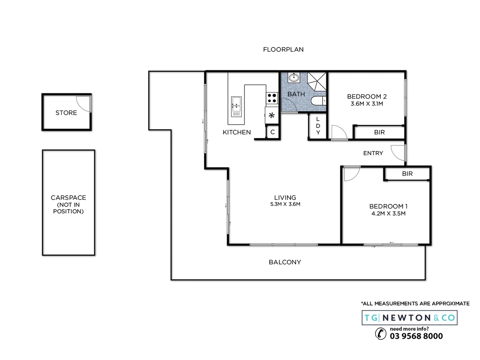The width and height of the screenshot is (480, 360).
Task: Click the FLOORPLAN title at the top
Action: pos(283,49)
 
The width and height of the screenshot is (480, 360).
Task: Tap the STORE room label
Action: pos(66,113)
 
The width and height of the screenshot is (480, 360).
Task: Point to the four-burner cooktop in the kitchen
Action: pos(272,98)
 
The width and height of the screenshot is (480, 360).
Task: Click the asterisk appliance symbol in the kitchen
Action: pos(272,115)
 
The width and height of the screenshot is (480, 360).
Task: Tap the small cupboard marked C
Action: pos(272,132)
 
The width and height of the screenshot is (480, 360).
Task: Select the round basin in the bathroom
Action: pos(293,78)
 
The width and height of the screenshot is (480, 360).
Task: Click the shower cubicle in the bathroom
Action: pos(316,81)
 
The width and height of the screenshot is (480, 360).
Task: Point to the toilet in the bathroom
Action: pos(318,101)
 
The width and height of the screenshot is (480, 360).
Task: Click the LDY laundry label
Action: pos(318,126)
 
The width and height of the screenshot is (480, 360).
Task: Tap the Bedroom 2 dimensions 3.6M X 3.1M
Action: pos(367,104)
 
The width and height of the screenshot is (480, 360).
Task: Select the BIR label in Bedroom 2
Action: pos(379,132)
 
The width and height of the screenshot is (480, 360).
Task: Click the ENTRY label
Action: pos(373,153)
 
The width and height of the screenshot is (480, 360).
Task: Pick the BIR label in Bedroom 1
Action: pos(407,174)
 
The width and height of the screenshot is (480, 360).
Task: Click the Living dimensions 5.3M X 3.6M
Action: pos(285,204)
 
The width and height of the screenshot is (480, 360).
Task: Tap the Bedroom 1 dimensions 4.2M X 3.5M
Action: pos(388,213)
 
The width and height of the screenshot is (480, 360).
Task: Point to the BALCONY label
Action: pos(285,262)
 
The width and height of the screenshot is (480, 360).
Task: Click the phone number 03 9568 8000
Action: pos(416,336)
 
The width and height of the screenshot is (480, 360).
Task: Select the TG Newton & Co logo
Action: pos(409,318)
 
